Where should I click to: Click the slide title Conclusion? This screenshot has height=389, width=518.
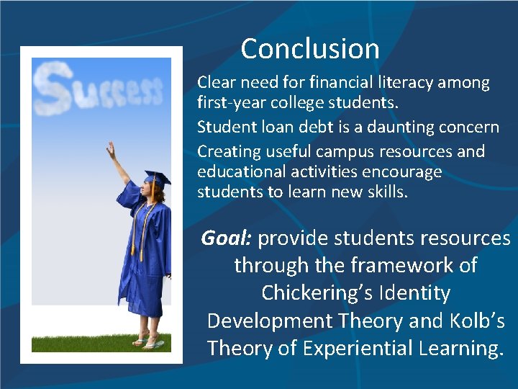(310, 49)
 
